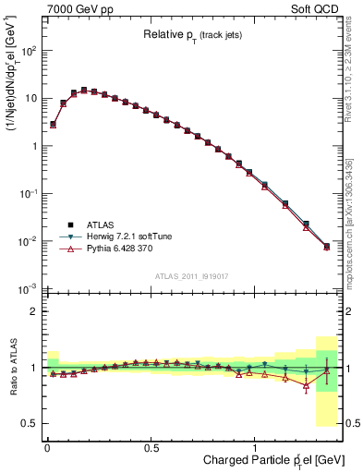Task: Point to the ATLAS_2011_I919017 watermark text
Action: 190,275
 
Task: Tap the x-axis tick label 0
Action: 47,446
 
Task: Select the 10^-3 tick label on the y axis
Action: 27,289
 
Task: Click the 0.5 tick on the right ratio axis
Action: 350,423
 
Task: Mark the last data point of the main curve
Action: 326,247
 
